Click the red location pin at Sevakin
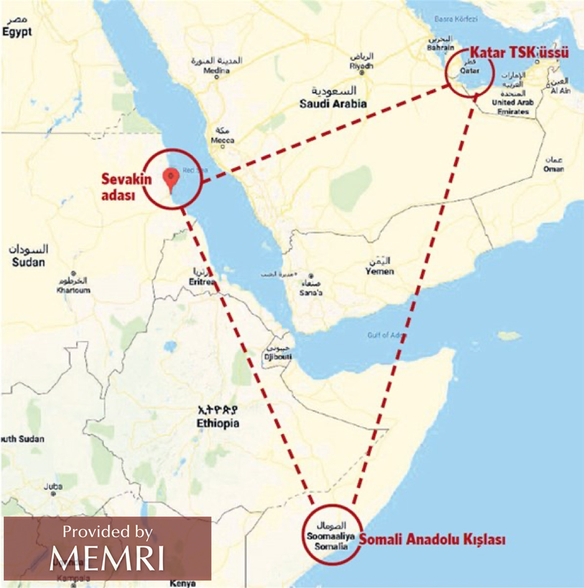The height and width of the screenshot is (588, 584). click(172, 178)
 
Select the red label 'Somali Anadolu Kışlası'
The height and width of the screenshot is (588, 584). click(430, 540)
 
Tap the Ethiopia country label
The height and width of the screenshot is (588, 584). click(217, 423)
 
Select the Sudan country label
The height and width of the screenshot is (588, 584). click(29, 262)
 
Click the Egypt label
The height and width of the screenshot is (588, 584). click(16, 32)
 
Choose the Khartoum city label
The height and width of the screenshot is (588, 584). click(73, 290)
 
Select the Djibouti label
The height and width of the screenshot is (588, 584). click(279, 358)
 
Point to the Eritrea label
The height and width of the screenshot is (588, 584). click(200, 281)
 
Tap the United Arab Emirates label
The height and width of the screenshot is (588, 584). click(513, 107)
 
